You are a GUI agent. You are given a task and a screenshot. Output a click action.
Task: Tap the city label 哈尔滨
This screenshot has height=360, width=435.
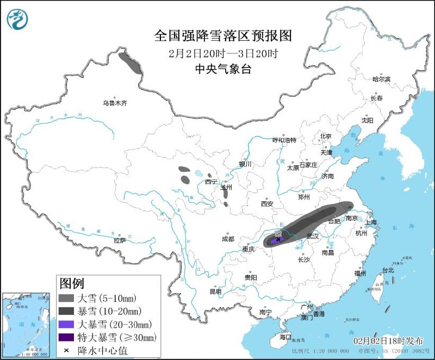pyautogui.click(x=381, y=79)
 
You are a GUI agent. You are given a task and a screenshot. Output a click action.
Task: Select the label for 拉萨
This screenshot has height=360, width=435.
pyautogui.click(x=120, y=240)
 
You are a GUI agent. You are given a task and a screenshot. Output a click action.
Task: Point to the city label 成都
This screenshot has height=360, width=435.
pyautogui.click(x=228, y=239)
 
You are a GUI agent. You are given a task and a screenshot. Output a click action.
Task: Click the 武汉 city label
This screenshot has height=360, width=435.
pyautogui.click(x=313, y=236)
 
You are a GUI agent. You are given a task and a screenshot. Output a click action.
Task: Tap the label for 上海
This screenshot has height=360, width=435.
pyautogui.click(x=372, y=222)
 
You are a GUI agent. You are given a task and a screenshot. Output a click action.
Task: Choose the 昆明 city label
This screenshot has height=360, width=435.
pyautogui.click(x=216, y=292)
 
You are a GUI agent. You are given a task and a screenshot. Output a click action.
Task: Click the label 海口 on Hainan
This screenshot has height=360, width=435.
pyautogui.click(x=286, y=337)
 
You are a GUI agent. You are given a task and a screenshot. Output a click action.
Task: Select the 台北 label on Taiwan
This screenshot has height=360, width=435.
pyautogui.click(x=388, y=270)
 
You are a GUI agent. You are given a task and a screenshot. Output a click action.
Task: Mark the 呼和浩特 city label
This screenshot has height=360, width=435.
pyautogui.click(x=284, y=140)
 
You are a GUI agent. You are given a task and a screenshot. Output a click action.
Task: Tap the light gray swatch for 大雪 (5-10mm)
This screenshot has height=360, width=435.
pyautogui.click(x=66, y=298)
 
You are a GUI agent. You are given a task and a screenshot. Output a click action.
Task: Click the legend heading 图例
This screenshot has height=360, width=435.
pyautogui.click(x=72, y=283)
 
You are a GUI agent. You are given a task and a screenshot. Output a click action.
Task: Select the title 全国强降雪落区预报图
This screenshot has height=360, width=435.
pyautogui.click(x=223, y=36)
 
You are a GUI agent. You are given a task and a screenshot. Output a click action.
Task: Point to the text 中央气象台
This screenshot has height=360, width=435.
pyautogui.click(x=223, y=69)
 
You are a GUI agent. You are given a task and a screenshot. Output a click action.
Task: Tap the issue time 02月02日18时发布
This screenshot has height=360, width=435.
pyautogui.click(x=388, y=341)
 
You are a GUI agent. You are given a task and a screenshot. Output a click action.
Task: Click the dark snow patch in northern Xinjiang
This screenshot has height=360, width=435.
pyautogui.click(x=130, y=63)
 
